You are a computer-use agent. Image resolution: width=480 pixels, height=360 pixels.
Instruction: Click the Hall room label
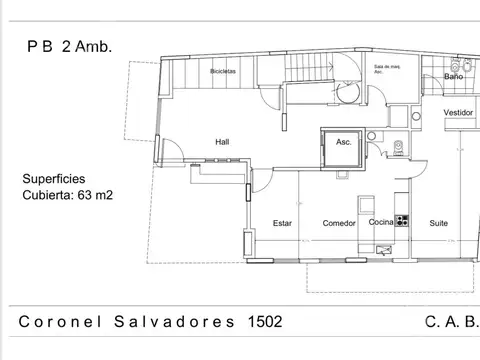[222, 141]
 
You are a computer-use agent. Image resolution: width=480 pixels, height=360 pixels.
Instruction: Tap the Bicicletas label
[224, 72]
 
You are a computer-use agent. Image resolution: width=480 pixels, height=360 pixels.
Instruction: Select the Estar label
[282, 223]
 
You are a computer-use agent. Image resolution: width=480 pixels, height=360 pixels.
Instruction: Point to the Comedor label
[339, 223]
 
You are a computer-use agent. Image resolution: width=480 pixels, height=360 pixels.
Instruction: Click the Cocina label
[381, 222]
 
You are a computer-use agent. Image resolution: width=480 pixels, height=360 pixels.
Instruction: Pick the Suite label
[439, 223]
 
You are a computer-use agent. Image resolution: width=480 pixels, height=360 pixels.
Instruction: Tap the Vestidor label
[458, 113]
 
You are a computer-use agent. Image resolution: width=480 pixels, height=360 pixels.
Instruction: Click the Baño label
[454, 76]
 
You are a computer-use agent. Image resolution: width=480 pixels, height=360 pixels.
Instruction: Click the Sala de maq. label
[387, 70]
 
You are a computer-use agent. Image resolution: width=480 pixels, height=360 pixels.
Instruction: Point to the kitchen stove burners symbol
[402, 220]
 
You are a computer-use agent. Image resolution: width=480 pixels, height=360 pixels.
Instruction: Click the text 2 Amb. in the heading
[87, 45]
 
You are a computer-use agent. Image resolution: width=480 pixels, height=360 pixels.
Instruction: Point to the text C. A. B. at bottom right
[452, 322]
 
